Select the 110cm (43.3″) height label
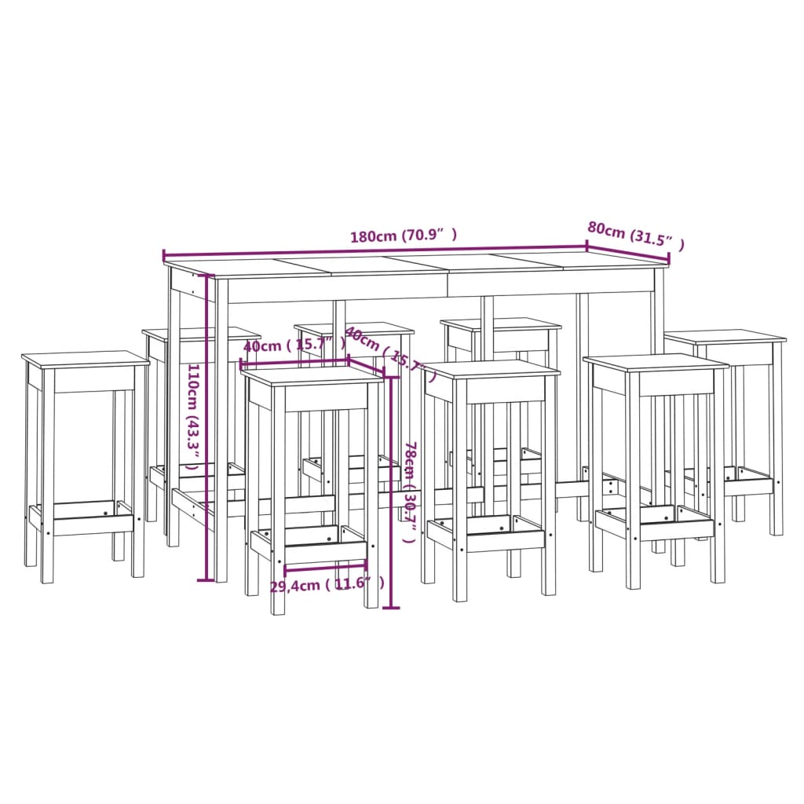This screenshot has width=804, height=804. tap(192, 416)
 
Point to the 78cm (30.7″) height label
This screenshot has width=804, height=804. tap(410, 492)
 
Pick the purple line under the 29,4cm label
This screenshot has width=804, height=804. tap(325, 565)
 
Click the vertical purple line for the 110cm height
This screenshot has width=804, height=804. tap(207, 428)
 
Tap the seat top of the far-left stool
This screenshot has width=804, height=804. tap(85, 359)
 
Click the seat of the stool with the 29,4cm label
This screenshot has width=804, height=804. tap(312, 375)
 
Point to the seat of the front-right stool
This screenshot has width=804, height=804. tap(656, 362)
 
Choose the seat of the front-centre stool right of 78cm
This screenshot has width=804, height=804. tap(491, 368)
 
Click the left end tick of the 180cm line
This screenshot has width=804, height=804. tap(163, 256)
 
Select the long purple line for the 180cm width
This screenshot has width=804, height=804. tap(375, 250)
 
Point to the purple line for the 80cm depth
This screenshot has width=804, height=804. tap(628, 254)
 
